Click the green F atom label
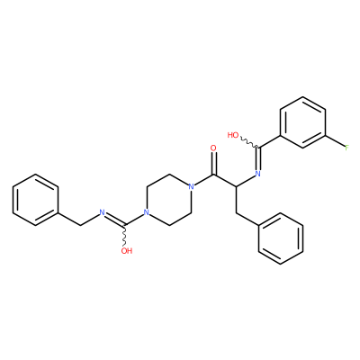(346, 148)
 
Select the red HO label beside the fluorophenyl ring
(233, 135)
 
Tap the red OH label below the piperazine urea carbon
(127, 251)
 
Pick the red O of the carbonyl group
(213, 148)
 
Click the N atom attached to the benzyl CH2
(102, 212)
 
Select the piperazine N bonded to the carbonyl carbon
(191, 186)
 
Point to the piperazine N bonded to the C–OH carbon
(147, 212)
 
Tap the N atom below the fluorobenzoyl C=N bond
(257, 174)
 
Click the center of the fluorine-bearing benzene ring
(302, 122)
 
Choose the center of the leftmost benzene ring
(35, 200)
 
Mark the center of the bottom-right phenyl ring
(281, 238)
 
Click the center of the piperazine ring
(169, 200)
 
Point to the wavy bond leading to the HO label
(249, 143)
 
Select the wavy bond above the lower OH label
(125, 235)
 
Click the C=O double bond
(213, 163)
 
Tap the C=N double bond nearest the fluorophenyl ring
(258, 158)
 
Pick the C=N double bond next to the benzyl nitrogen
(115, 219)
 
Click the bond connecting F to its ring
(335, 141)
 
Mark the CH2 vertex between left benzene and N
(80, 226)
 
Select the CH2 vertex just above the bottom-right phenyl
(236, 212)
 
